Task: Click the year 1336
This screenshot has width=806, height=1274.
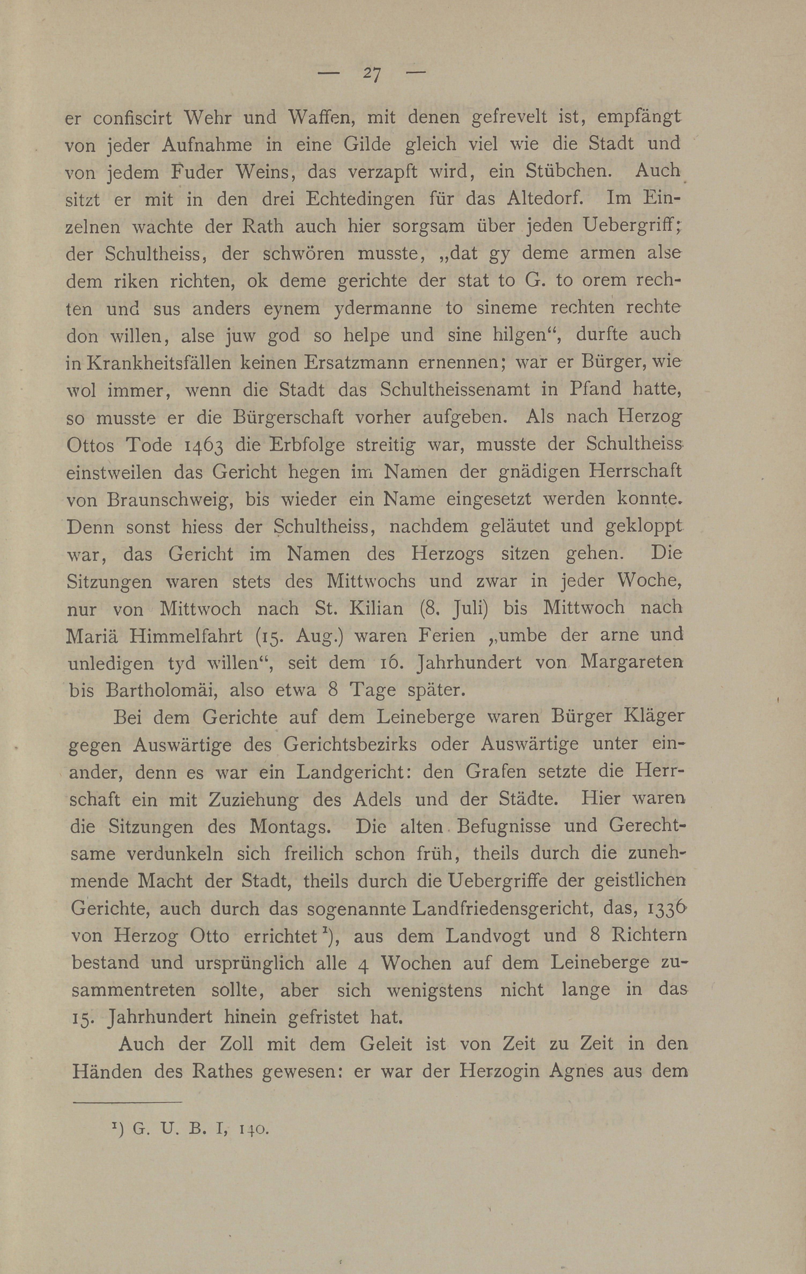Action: point(660,908)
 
